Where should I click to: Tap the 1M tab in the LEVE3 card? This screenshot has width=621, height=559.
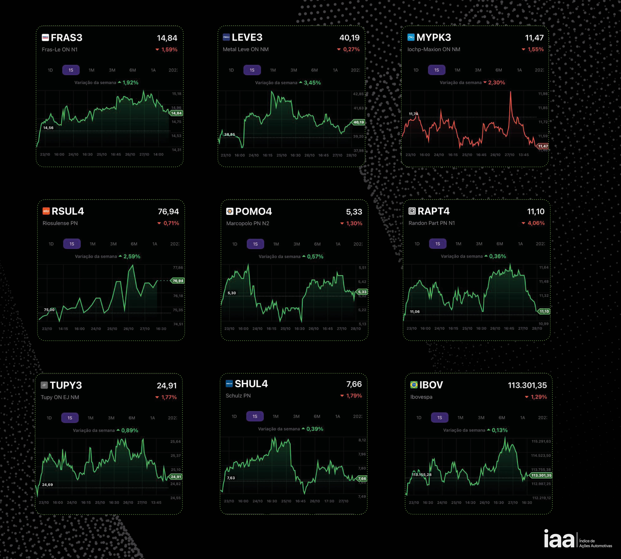pyautogui.click(x=273, y=70)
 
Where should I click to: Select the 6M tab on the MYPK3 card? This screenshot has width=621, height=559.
pyautogui.click(x=498, y=70)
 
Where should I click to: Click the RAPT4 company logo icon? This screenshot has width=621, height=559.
pyautogui.click(x=412, y=211)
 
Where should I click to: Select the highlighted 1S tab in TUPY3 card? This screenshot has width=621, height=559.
pyautogui.click(x=70, y=418)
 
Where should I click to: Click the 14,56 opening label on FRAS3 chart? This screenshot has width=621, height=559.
pyautogui.click(x=48, y=128)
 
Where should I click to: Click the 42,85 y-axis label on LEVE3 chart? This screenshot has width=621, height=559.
pyautogui.click(x=358, y=94)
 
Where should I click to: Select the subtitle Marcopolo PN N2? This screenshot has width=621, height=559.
pyautogui.click(x=248, y=223)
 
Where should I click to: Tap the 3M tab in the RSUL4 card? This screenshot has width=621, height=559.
pyautogui.click(x=113, y=244)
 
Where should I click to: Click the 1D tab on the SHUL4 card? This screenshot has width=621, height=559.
pyautogui.click(x=234, y=416)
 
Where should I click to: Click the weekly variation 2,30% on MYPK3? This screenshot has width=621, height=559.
pyautogui.click(x=496, y=83)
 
